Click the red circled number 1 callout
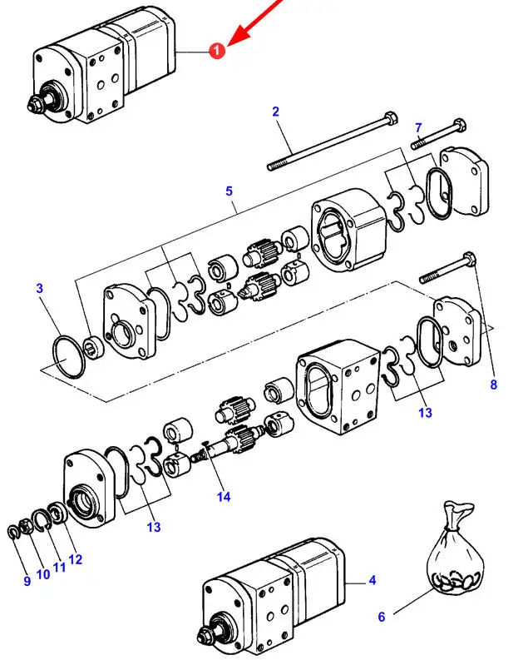tap(217, 51)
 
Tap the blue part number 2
tap(275, 112)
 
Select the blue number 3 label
tap(40, 288)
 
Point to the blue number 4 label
tap(372, 580)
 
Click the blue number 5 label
tap(229, 191)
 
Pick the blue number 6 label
tap(382, 617)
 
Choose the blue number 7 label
tap(418, 127)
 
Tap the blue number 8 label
tap(494, 385)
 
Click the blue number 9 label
tap(27, 581)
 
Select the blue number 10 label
tap(43, 574)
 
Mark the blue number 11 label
tap(59, 568)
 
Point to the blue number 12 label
tap(75, 559)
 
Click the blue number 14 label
tap(224, 497)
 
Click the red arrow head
tap(237, 35)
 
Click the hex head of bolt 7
tap(460, 125)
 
